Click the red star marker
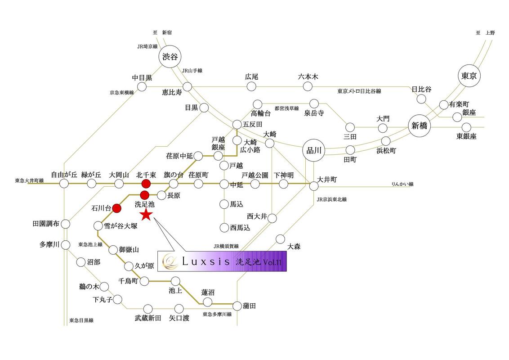146,214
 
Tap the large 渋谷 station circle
170,57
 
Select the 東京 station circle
469,76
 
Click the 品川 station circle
314,150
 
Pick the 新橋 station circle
420,126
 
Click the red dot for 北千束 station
146,184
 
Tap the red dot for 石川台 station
117,208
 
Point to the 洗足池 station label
144,204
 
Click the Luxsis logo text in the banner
206,261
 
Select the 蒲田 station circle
238,306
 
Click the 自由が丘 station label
64,175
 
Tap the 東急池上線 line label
90,244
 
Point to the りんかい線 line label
402,184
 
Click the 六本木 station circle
308,86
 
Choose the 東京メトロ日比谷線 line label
359,91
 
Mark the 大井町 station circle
314,186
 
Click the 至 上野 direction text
485,33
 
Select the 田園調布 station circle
66,224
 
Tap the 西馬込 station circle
224,228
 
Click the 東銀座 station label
466,136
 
